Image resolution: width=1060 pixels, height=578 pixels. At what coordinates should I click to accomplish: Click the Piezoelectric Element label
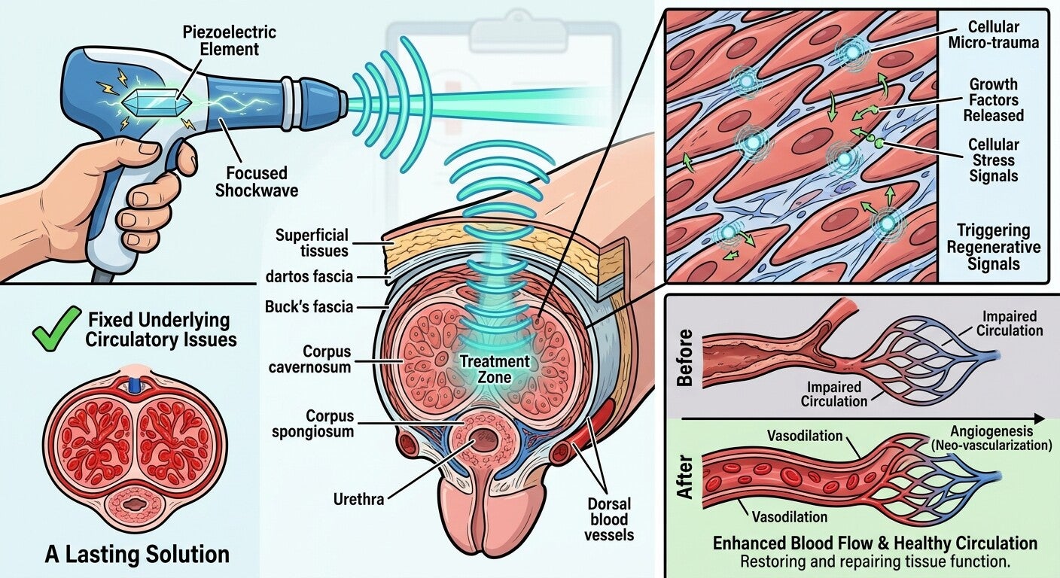230,41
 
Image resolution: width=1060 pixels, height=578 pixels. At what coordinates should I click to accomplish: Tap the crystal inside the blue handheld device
157,101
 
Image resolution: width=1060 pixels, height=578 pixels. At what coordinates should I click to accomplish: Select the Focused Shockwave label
257,181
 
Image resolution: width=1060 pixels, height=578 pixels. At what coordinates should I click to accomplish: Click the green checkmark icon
56,328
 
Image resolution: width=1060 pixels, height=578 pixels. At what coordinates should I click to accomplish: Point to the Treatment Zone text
495,370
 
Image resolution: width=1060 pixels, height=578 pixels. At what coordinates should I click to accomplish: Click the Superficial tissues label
312,242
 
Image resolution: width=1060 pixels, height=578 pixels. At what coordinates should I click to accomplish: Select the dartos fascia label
309,277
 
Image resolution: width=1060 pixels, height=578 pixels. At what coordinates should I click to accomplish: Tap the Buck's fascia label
309,307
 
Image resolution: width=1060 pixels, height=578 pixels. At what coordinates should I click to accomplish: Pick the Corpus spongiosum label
312,423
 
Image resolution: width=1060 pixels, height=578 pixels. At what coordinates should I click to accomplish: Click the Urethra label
358,499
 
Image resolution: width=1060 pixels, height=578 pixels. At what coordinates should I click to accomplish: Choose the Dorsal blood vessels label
609,519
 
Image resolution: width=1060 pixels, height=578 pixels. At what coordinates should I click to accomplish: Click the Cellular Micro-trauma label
993,35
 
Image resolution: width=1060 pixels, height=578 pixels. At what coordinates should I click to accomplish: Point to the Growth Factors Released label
994,100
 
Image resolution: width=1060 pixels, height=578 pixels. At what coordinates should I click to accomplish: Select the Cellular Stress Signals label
993,160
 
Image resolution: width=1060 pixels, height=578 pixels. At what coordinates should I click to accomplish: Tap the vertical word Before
685,357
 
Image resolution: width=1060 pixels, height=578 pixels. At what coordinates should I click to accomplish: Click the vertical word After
685,478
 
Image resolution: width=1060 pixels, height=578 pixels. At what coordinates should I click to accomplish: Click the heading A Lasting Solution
137,555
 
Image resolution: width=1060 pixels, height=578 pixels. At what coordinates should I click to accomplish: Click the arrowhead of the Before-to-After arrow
1039,418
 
